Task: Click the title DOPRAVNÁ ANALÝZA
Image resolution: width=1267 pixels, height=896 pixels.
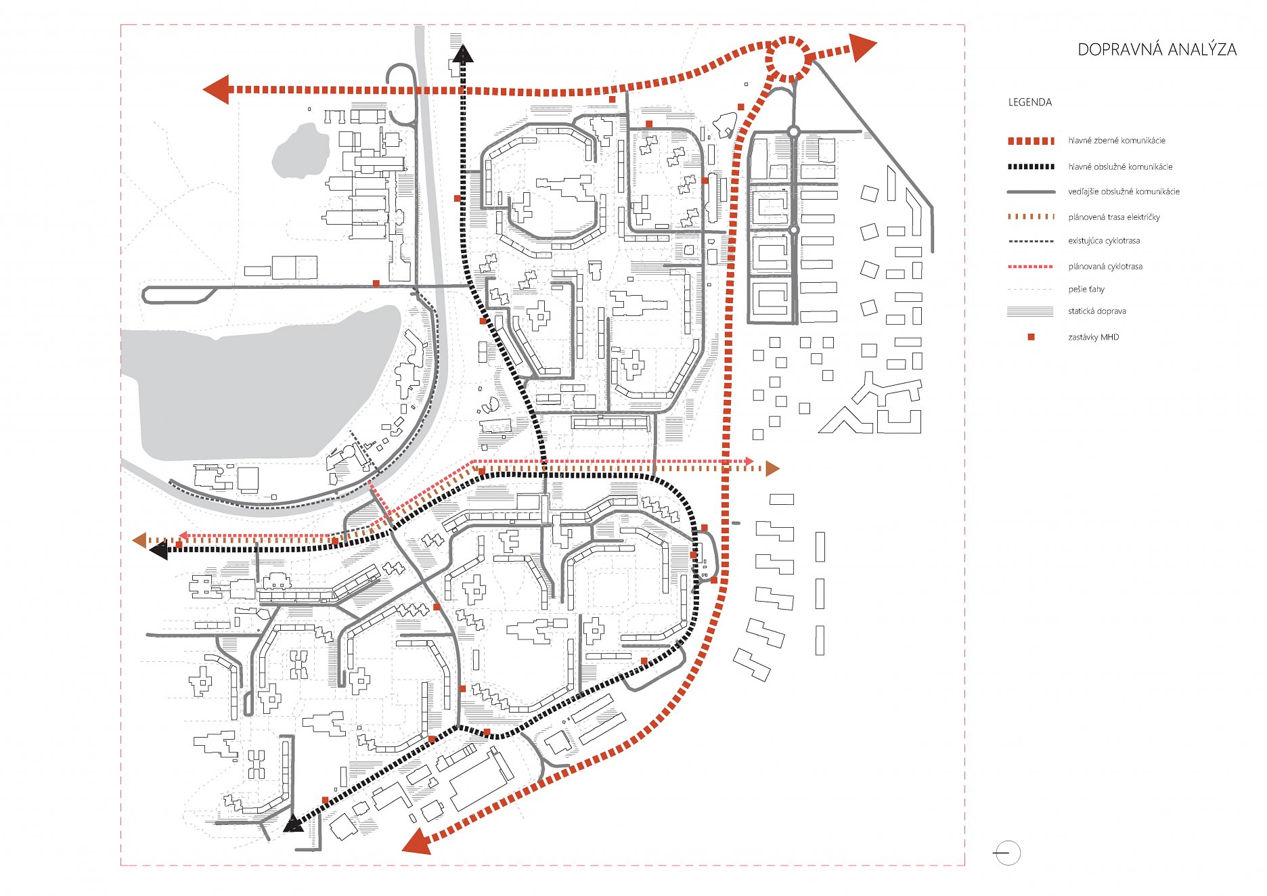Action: click(1157, 49)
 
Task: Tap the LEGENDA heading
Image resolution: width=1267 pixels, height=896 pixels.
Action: click(1030, 102)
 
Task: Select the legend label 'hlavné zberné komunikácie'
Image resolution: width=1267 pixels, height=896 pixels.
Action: click(1117, 141)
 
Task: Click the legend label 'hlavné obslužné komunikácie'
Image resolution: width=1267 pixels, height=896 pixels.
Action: click(1120, 166)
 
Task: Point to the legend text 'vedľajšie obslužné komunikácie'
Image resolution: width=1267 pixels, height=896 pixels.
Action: click(1124, 192)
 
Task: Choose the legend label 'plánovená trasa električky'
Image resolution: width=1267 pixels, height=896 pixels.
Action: click(1114, 217)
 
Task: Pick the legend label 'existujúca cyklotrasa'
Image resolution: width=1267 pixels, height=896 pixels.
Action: click(1104, 241)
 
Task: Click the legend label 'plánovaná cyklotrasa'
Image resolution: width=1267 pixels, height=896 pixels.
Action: click(1105, 267)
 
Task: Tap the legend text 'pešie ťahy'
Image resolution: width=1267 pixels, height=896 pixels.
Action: click(1086, 290)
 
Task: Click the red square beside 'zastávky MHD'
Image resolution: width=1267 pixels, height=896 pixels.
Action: click(1031, 337)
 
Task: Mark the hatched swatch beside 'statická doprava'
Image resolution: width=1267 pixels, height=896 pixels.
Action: click(1030, 311)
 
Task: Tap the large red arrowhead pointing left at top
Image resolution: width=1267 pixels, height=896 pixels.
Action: click(217, 89)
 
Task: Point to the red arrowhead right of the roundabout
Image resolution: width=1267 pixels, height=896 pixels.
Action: click(862, 47)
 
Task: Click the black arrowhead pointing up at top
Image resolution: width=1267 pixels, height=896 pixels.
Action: click(463, 53)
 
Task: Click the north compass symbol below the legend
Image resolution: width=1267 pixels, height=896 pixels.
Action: click(1008, 853)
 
